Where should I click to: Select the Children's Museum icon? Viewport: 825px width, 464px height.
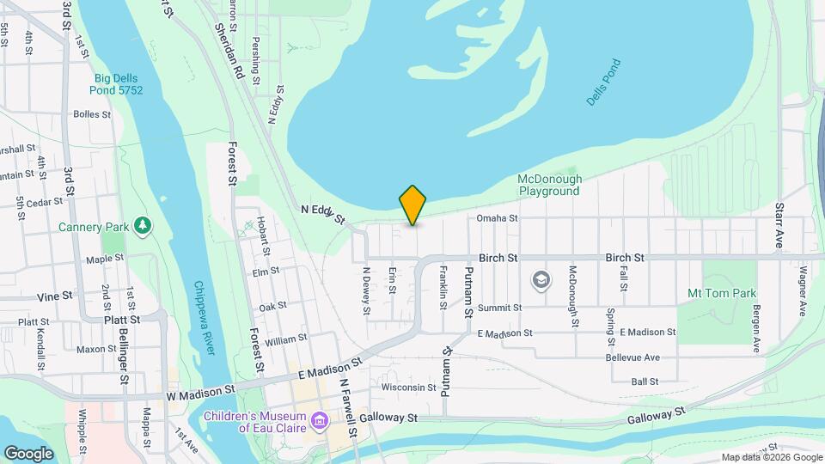(320, 421)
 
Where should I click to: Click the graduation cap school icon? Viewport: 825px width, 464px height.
(541, 279)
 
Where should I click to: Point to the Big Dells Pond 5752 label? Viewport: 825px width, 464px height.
(119, 84)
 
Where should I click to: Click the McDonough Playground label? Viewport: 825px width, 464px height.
(549, 185)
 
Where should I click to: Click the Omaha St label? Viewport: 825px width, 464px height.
(498, 218)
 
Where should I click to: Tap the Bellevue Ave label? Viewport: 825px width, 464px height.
(632, 357)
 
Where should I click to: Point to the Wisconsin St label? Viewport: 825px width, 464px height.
(409, 388)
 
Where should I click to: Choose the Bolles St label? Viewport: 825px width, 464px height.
(93, 113)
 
